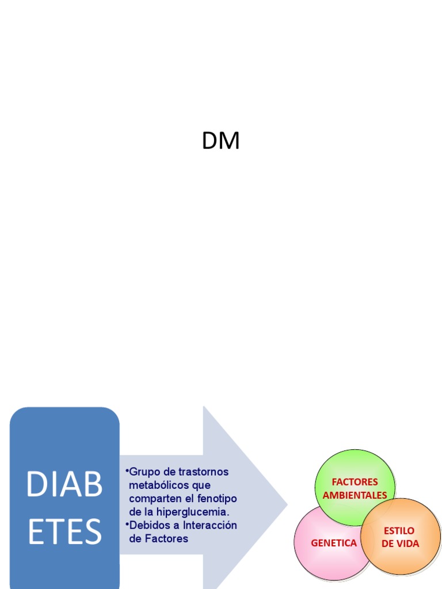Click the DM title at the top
click(x=220, y=141)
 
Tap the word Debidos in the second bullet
click(x=147, y=525)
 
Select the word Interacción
click(x=210, y=525)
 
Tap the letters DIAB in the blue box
click(x=64, y=485)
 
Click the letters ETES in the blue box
click(x=64, y=532)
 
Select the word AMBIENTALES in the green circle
click(x=355, y=495)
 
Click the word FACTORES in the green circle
click(x=355, y=482)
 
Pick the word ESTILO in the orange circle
click(x=399, y=530)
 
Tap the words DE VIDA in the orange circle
click(x=400, y=544)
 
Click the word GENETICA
click(x=334, y=543)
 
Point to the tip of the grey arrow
click(x=286, y=505)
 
